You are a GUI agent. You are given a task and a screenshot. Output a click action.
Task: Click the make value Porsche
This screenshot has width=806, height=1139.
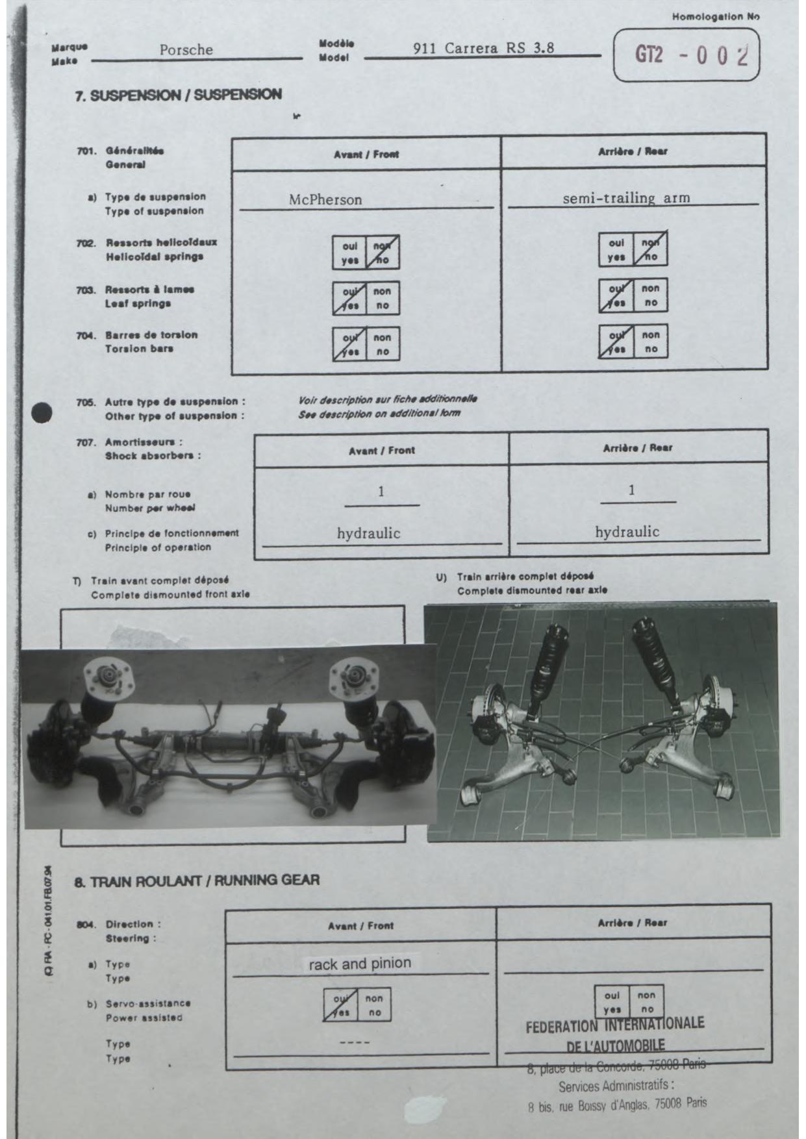(x=186, y=50)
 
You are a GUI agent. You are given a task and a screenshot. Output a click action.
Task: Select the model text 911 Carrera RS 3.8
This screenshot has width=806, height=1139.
(x=483, y=48)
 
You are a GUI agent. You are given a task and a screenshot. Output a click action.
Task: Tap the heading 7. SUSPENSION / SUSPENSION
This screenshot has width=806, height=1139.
(x=179, y=95)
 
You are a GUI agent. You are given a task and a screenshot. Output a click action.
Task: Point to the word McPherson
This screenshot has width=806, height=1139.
(x=325, y=199)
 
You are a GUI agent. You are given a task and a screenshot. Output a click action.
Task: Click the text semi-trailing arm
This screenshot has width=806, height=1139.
(x=626, y=198)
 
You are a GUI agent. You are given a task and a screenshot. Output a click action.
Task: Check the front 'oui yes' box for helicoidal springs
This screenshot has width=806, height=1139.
(x=349, y=253)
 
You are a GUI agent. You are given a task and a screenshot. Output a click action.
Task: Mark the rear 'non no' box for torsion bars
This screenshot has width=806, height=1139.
(x=651, y=342)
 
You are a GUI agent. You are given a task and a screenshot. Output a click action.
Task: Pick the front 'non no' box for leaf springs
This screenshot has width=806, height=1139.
(x=383, y=298)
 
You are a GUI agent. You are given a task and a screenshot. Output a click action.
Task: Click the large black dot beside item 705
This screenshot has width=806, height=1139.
(x=42, y=412)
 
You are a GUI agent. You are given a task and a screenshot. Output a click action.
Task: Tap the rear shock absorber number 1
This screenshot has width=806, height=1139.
(x=631, y=490)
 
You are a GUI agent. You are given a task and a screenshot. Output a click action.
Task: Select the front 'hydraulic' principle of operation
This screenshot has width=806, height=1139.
(x=368, y=534)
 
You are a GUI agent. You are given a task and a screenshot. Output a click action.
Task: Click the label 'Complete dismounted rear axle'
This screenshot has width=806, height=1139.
(x=532, y=591)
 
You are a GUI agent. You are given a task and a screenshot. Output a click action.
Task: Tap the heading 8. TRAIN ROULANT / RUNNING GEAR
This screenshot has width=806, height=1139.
(x=197, y=881)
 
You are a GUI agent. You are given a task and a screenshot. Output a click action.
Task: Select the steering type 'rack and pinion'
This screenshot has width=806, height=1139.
(x=360, y=964)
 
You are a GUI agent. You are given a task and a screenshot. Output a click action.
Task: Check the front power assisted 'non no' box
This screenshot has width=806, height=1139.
(x=374, y=1005)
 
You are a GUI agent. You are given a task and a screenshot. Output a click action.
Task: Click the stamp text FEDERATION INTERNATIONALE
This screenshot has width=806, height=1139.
(x=614, y=1027)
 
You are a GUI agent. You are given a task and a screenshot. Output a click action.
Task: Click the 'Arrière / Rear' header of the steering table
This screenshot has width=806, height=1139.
(x=632, y=923)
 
